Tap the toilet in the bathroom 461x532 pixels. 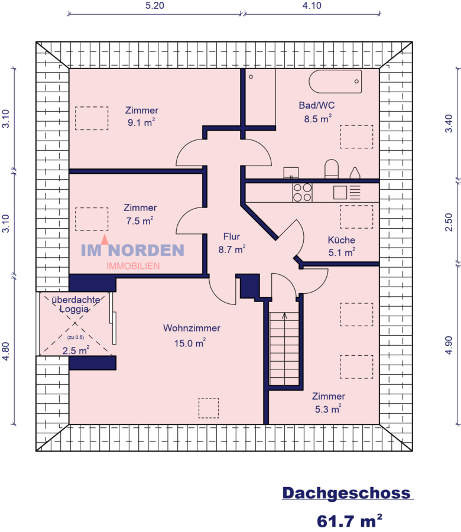coord(331,169)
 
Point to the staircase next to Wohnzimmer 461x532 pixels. coord(284,349)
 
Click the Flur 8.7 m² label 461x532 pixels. coord(232,244)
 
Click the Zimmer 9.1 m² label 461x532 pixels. coord(142,116)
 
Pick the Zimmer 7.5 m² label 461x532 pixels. coord(140,214)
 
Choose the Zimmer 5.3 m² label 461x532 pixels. coord(328,402)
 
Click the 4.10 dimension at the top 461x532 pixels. coord(311,5)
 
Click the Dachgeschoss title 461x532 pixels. coord(346,493)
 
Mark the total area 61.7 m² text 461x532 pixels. coord(349,521)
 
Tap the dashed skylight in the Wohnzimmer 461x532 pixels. coord(208,408)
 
